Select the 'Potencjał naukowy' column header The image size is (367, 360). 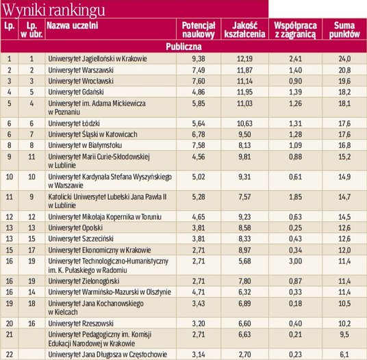tap(199, 29)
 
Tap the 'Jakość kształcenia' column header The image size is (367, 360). tap(244, 29)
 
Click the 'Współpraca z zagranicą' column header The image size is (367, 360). tap(294, 29)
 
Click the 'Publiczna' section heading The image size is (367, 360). tap(183, 47)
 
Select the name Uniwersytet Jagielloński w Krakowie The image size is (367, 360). tap(98, 58)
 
